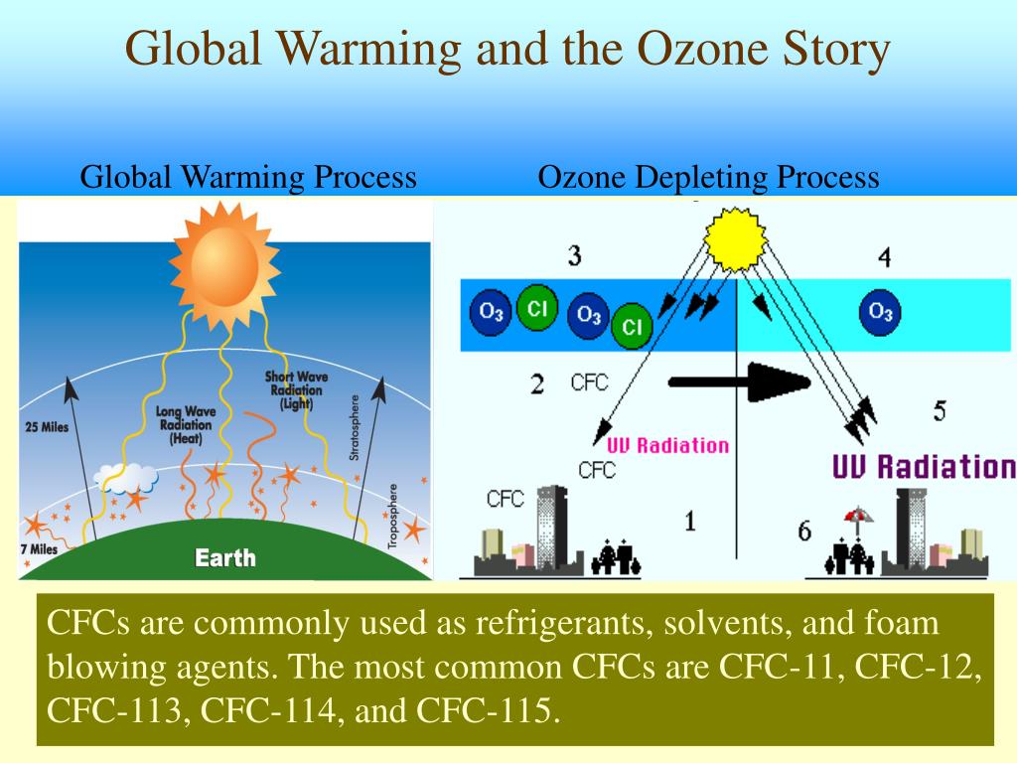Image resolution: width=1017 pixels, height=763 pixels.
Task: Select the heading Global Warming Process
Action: point(248,178)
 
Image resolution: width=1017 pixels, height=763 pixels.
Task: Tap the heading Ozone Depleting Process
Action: point(708,178)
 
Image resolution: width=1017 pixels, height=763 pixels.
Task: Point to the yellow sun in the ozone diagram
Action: point(735,238)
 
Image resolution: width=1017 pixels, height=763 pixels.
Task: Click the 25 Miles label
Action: point(44,427)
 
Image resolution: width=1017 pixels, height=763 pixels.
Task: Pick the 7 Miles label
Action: point(37,549)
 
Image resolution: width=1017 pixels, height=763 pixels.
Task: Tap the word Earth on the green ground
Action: point(224,557)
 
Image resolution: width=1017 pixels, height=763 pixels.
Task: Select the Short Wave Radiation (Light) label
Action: point(297,390)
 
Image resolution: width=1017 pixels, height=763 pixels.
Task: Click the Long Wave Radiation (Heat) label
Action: point(187,424)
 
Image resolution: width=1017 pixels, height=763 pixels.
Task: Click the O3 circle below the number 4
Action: point(880,312)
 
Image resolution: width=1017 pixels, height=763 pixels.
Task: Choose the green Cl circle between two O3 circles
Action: point(537,308)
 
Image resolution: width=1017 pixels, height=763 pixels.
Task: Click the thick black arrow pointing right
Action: point(740,381)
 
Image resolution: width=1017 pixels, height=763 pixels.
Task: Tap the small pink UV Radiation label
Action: point(667,445)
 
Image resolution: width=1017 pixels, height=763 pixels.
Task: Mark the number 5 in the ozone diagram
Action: point(939,409)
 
